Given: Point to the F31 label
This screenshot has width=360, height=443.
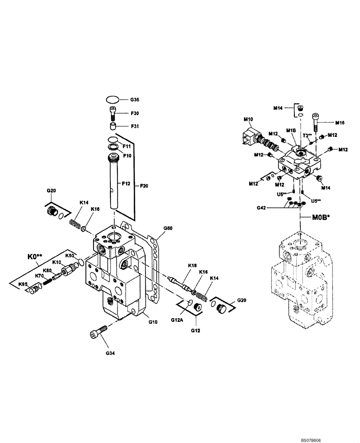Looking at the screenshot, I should tap(135, 127).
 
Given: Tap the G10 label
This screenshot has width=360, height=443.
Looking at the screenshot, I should tap(153, 322).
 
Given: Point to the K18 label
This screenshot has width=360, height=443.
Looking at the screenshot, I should tap(192, 265).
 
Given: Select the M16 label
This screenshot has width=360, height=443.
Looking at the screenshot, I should tap(340, 122).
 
